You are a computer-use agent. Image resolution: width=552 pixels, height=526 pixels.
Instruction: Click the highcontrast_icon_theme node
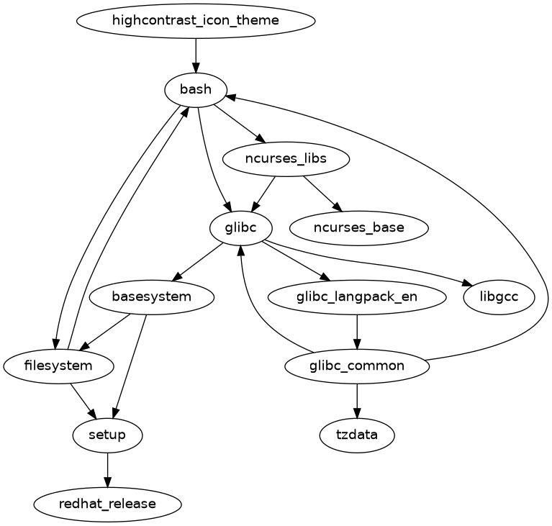pos(196,20)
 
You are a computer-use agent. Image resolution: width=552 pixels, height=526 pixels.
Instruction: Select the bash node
pos(196,90)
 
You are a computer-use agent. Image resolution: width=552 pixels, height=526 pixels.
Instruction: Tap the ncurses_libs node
pos(286,159)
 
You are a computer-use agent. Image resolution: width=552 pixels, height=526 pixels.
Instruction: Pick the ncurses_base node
pos(358,228)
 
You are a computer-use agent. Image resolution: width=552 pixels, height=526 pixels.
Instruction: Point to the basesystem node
pos(152,296)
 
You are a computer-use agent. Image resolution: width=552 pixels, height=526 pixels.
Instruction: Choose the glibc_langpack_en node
pos(357,296)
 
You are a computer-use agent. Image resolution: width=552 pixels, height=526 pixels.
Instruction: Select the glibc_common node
pos(357,366)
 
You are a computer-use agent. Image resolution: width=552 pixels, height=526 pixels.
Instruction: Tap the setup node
pos(108,435)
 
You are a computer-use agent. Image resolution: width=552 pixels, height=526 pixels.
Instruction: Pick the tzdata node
pos(357,435)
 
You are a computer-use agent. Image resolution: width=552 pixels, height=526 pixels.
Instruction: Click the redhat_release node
pos(108,504)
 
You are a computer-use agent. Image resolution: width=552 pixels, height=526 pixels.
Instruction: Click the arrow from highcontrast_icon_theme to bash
pos(196,55)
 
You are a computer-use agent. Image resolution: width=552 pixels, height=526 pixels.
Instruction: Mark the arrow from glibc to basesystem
pos(197,262)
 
